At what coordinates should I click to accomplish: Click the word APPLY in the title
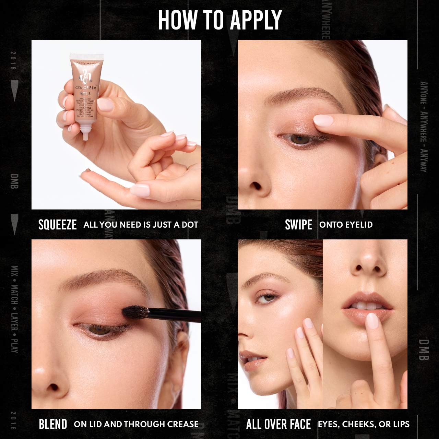coord(256,20)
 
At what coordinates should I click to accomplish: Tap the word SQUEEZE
coord(58,225)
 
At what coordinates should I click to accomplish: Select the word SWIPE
coord(298,225)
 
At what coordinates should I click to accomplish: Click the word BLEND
coord(53,424)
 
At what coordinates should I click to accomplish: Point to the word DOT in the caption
coord(190,225)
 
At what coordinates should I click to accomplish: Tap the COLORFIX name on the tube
coord(86,88)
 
